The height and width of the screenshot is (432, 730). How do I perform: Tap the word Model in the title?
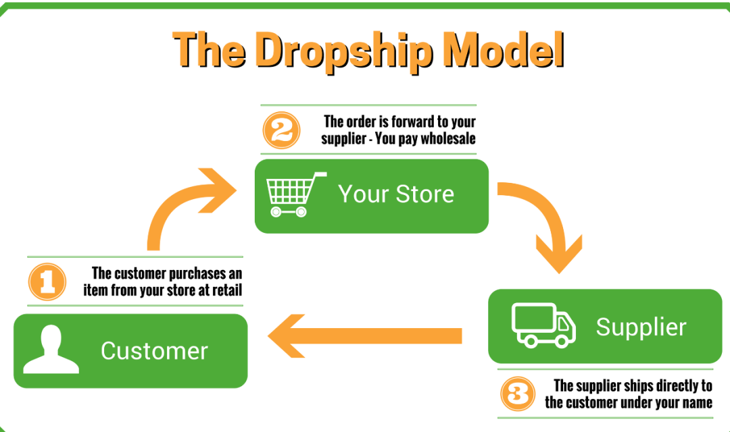click(504, 49)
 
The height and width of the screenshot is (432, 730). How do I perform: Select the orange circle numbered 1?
click(47, 281)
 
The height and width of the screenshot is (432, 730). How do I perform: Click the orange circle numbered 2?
click(281, 130)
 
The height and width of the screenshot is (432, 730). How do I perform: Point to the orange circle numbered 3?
click(518, 394)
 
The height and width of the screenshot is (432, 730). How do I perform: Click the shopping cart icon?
click(296, 194)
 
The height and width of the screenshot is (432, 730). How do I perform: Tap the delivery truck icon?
click(543, 325)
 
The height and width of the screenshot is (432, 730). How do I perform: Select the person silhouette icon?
click(51, 349)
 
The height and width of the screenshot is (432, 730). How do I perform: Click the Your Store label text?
click(396, 194)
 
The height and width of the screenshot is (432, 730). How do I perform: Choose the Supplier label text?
click(641, 327)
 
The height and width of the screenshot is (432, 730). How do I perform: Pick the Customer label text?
click(154, 350)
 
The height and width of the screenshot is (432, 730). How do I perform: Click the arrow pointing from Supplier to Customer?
click(365, 335)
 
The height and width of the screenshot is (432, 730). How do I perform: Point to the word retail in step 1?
click(227, 290)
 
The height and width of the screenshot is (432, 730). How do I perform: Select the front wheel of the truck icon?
click(562, 342)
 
